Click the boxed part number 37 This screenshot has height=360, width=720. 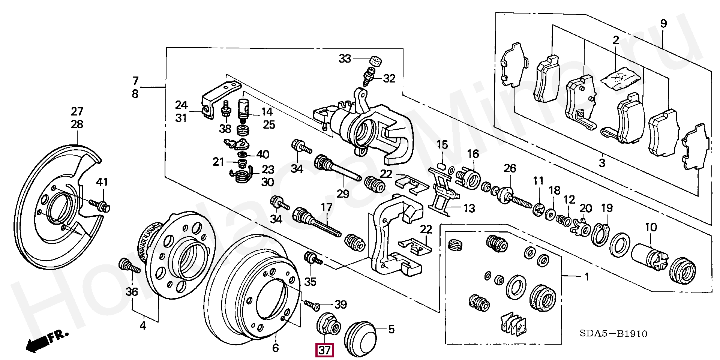(324, 350)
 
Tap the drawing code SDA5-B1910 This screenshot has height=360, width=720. (613, 333)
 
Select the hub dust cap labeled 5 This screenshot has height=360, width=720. (360, 338)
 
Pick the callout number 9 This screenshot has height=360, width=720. (663, 24)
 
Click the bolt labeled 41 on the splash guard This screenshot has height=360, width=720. (99, 205)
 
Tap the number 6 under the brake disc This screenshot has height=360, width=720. (276, 348)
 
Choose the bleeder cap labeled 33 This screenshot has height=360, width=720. (375, 61)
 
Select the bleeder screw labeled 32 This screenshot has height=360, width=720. (369, 77)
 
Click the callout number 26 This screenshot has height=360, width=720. (510, 169)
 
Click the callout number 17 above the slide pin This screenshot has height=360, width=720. (327, 207)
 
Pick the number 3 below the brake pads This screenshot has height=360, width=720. (602, 163)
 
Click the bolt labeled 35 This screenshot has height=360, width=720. (313, 258)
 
